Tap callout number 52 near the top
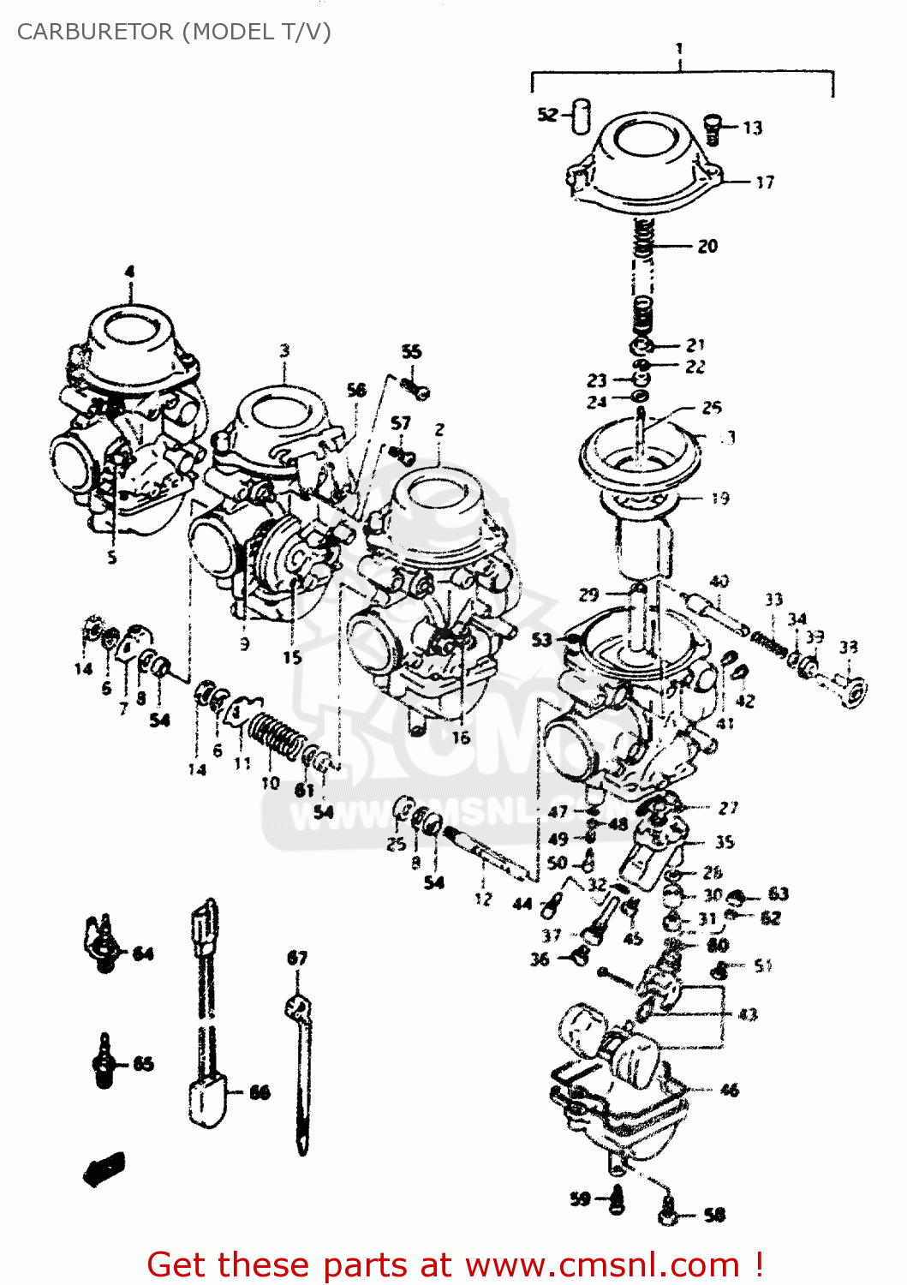(x=547, y=114)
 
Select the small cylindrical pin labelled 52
(x=582, y=116)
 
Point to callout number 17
(x=764, y=182)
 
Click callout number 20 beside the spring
(x=707, y=246)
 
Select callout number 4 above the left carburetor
(x=129, y=272)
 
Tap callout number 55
(x=411, y=351)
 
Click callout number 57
(x=401, y=422)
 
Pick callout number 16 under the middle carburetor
(x=461, y=737)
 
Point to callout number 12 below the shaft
(x=484, y=899)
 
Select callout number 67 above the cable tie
(x=296, y=957)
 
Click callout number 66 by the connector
(x=260, y=1092)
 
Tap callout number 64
(x=143, y=953)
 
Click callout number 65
(x=143, y=1064)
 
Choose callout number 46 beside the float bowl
(x=729, y=1090)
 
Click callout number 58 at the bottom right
(x=714, y=1214)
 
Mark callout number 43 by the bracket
(x=748, y=1014)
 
